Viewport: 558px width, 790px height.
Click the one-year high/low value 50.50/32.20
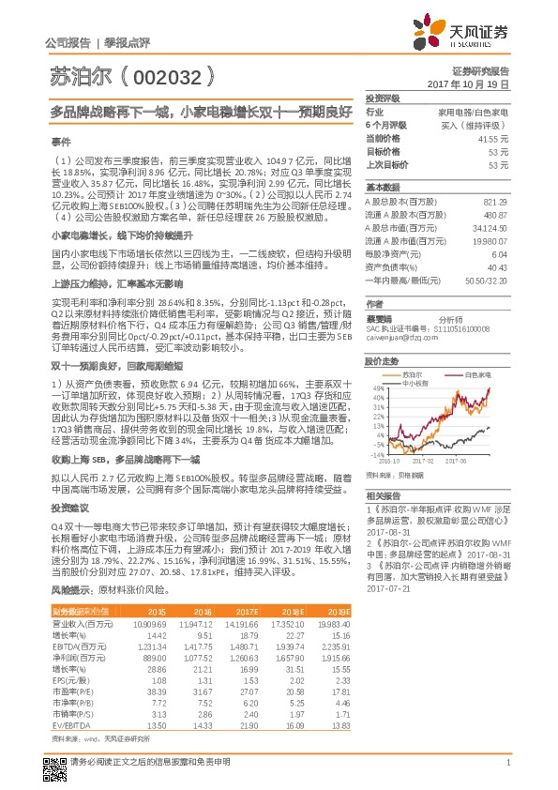tap(487, 280)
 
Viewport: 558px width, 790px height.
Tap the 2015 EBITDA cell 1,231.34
tap(150, 647)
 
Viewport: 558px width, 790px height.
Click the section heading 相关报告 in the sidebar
tap(383, 494)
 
